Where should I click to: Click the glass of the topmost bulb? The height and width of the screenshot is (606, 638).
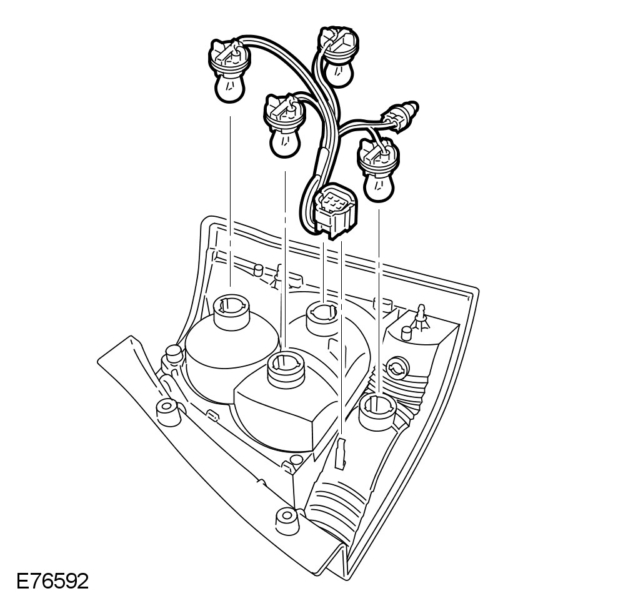(338, 72)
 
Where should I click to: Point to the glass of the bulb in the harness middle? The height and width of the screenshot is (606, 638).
(284, 141)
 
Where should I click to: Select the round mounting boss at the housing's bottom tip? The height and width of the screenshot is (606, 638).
(286, 518)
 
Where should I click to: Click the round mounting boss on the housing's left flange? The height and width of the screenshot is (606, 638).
(166, 410)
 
